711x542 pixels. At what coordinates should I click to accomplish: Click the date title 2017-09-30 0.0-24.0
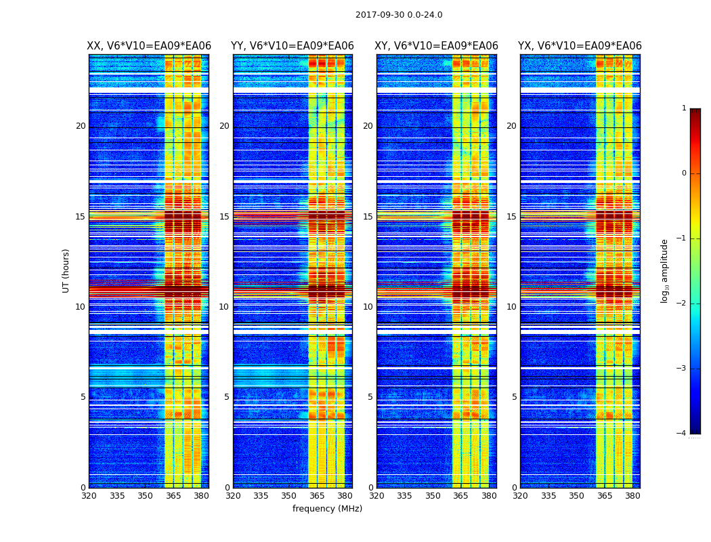click(x=399, y=15)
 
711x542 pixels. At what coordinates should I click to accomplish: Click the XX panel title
click(x=149, y=46)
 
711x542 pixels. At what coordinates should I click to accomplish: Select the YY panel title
click(x=293, y=46)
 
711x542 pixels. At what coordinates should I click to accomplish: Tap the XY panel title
click(x=436, y=46)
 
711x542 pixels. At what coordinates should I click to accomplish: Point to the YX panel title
click(x=580, y=46)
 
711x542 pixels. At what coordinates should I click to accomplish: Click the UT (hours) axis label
click(x=66, y=270)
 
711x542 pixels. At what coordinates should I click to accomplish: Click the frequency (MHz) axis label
click(x=327, y=509)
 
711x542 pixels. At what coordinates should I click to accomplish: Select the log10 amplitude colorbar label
click(x=665, y=270)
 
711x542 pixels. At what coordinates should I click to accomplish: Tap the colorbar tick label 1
click(x=684, y=108)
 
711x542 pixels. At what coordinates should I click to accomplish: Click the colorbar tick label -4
click(x=682, y=434)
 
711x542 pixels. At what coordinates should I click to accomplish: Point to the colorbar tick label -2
click(x=682, y=304)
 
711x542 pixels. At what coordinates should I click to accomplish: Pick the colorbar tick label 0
click(x=684, y=173)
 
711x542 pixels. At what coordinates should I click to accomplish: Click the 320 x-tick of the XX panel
click(x=89, y=496)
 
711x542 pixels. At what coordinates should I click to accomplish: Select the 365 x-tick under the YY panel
click(x=317, y=496)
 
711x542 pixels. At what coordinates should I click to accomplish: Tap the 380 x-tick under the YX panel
click(x=632, y=496)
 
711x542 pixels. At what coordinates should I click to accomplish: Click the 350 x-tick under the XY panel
click(x=433, y=496)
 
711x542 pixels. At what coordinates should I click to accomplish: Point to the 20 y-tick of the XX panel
click(x=81, y=126)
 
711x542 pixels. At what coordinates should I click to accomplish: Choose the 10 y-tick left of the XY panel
click(x=368, y=307)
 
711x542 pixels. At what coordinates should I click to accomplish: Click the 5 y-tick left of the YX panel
click(x=514, y=397)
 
